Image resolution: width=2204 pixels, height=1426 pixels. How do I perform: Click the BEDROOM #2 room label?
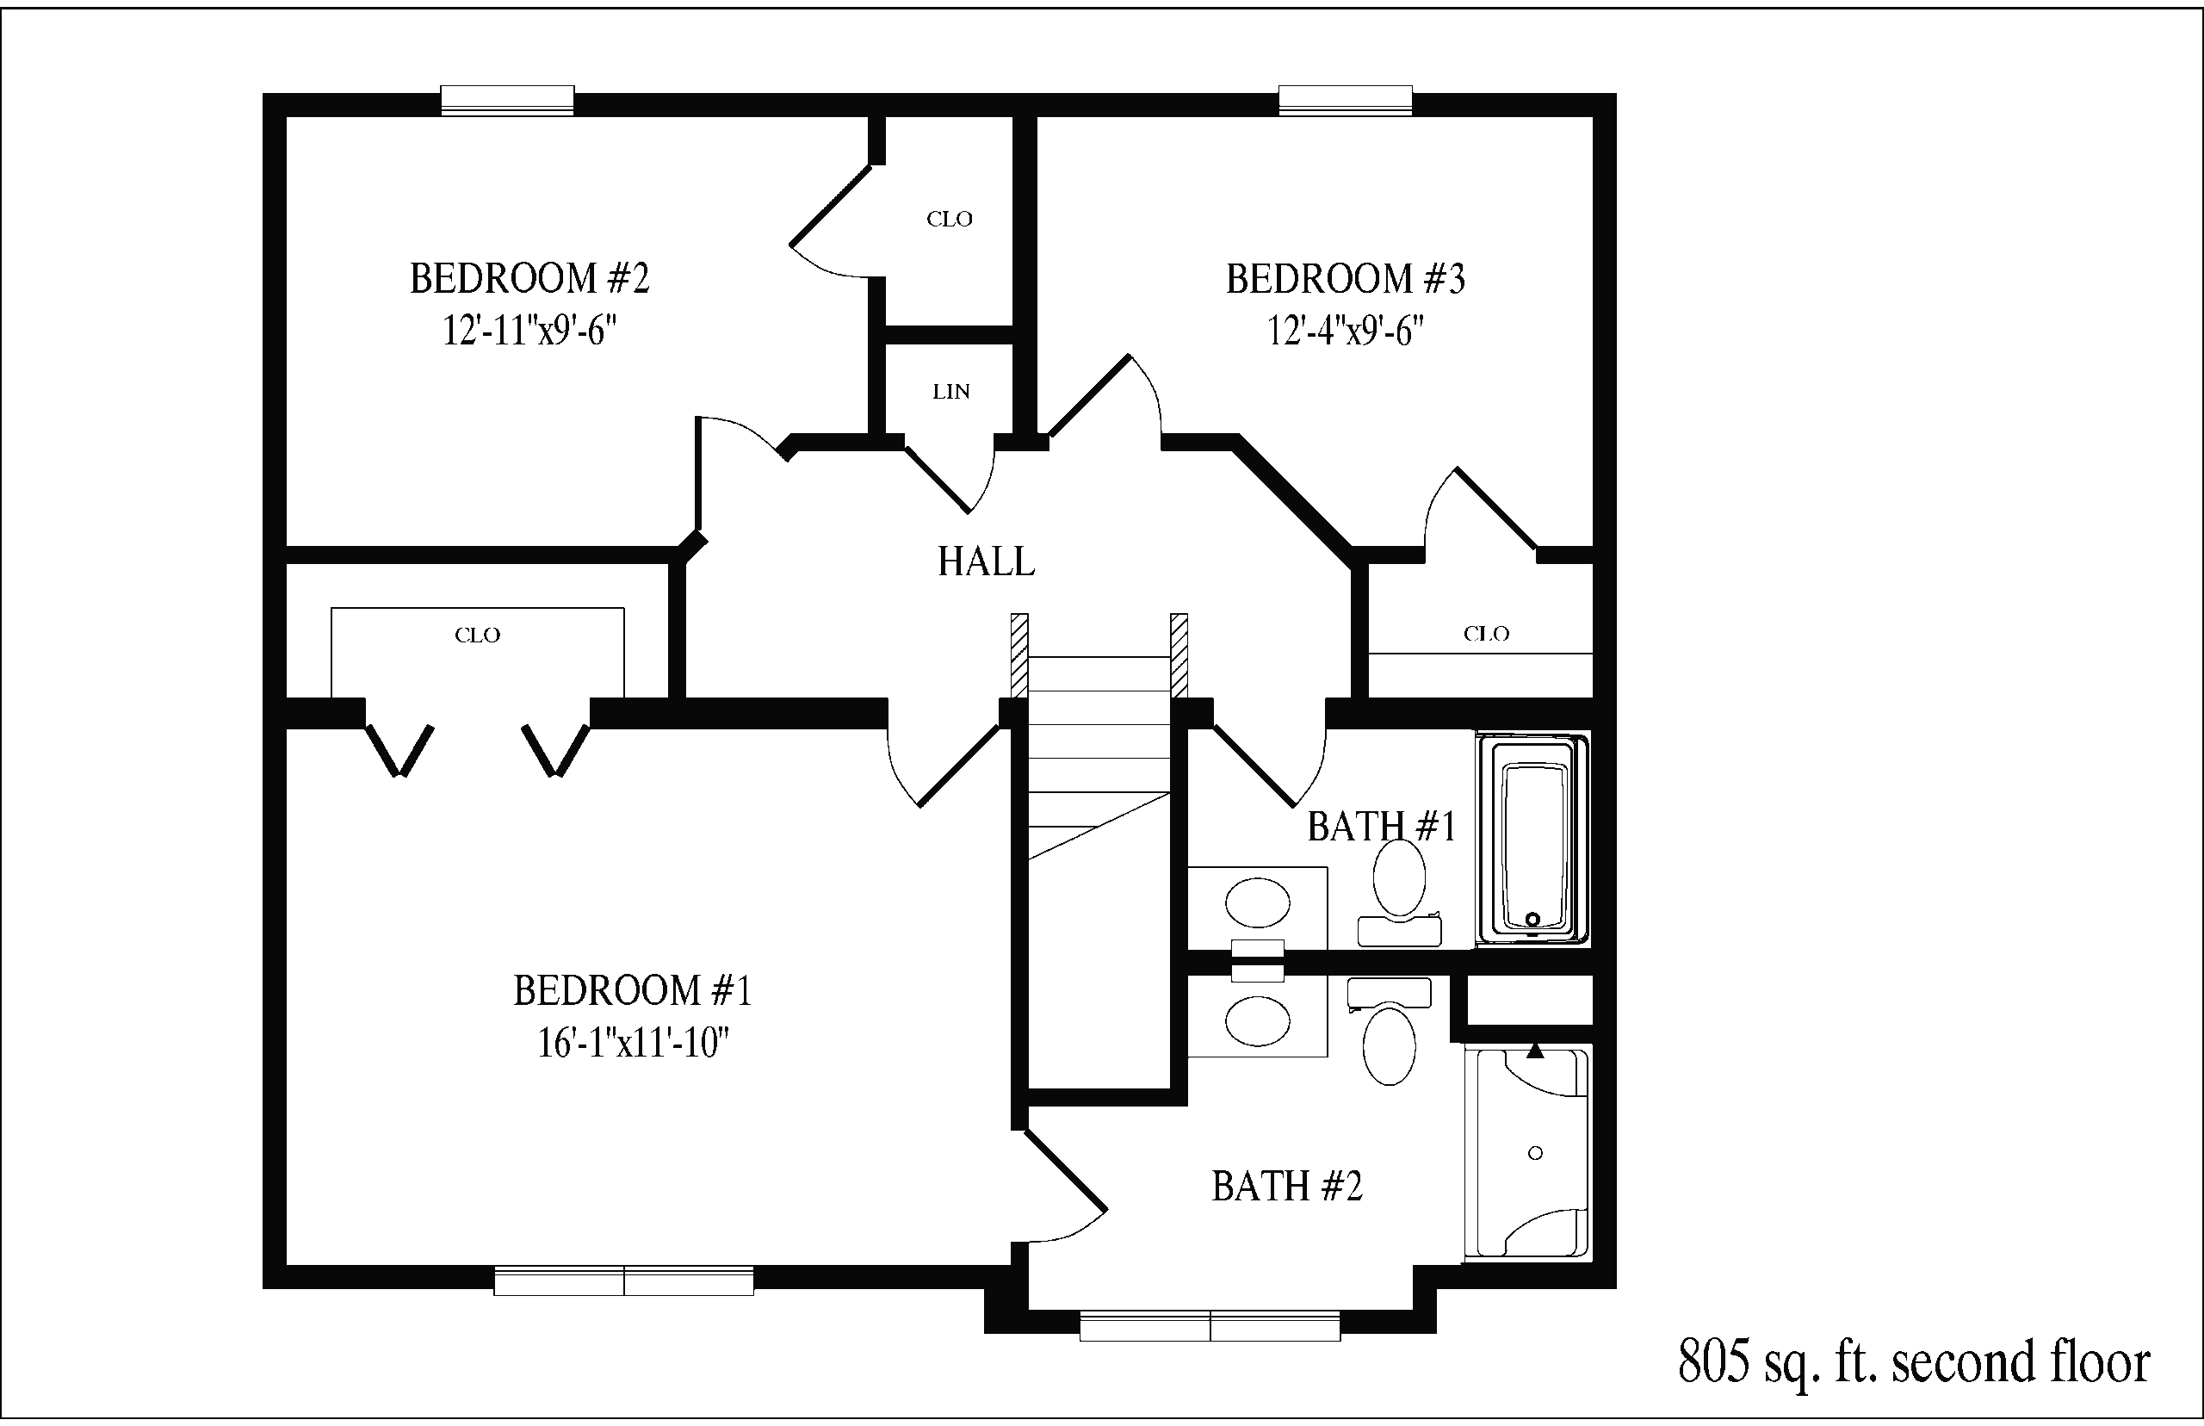[529, 278]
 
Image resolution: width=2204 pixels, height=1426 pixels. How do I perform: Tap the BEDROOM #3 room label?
[1345, 278]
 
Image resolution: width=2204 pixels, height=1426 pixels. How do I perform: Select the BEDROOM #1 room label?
[632, 991]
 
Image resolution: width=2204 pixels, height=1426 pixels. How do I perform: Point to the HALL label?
[986, 561]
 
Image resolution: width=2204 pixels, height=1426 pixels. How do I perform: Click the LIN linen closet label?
[950, 392]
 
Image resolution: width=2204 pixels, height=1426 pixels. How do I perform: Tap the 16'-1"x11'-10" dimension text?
[633, 1044]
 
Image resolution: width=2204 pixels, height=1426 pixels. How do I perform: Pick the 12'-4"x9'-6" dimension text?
[1345, 331]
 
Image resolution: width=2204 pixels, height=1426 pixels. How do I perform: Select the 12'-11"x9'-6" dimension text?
[529, 331]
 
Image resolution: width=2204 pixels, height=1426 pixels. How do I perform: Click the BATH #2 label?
[1286, 1186]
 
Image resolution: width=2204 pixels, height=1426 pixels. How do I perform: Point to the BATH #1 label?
[1381, 826]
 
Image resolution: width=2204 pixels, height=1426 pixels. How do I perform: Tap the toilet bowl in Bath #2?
[1390, 1046]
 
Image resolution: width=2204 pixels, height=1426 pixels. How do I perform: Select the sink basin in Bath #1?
[1257, 902]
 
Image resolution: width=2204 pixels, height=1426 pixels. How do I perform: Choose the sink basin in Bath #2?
[1257, 1020]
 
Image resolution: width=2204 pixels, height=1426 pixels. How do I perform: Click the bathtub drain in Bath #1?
[1532, 920]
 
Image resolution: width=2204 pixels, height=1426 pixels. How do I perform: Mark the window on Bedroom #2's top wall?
[507, 100]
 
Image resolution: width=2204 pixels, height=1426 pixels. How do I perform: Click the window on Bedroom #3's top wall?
[1345, 100]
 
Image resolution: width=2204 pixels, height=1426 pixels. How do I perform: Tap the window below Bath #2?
[1210, 1326]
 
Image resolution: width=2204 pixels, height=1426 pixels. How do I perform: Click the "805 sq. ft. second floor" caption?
[1914, 1362]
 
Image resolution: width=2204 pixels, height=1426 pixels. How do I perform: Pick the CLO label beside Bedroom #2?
[950, 220]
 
